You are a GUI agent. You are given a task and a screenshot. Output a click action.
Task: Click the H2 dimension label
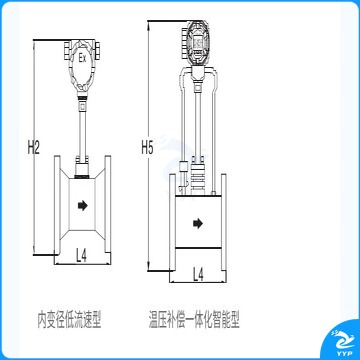click(34, 148)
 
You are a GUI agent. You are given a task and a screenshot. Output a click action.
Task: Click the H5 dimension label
click(147, 148)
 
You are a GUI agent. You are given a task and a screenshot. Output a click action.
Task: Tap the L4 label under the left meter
click(81, 256)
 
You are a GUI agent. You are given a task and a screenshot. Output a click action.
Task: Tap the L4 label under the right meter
click(198, 274)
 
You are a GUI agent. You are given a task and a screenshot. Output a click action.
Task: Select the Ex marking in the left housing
click(82, 59)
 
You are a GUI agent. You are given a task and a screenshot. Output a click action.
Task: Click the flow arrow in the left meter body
click(82, 206)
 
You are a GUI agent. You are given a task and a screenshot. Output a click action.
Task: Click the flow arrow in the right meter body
click(198, 224)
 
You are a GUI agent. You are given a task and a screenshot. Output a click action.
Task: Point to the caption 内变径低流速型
click(69, 320)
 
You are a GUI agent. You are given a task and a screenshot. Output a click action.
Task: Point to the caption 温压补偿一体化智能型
click(194, 320)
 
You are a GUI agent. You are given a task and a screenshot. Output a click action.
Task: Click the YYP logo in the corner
click(340, 342)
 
